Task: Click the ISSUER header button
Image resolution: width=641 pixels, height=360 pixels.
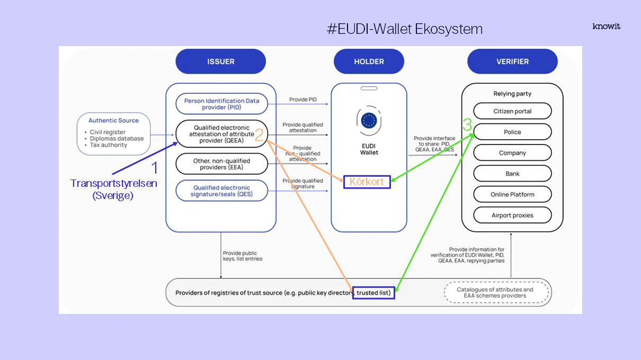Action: [x=220, y=61]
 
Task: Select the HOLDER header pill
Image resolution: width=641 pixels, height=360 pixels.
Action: [x=369, y=61]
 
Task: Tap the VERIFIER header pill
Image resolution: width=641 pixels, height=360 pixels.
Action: [x=512, y=61]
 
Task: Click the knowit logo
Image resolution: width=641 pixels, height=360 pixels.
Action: [x=606, y=26]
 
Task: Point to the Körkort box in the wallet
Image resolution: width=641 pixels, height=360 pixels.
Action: [x=367, y=182]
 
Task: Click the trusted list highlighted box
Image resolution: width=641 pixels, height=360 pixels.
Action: [x=373, y=293]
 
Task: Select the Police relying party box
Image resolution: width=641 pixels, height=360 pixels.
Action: [x=512, y=132]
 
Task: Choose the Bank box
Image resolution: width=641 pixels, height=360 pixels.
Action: [x=512, y=174]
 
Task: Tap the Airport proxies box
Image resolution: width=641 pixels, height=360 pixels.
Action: [x=512, y=215]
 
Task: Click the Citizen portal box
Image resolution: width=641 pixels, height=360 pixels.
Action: [x=512, y=111]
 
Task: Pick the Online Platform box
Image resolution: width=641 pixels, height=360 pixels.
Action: [x=512, y=194]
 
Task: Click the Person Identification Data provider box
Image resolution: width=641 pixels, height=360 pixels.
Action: [x=221, y=104]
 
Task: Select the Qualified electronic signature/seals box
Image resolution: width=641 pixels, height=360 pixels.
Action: [x=221, y=191]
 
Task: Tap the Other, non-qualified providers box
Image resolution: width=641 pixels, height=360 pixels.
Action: [x=221, y=164]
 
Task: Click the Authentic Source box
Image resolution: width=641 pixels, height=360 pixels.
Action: [x=113, y=133]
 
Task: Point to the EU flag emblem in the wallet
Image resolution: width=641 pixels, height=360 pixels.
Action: [x=369, y=120]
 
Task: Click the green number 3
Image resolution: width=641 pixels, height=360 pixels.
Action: [x=467, y=125]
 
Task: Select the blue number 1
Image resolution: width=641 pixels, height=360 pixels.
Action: [x=155, y=168]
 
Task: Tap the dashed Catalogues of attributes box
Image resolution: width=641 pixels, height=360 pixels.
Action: [x=495, y=293]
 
